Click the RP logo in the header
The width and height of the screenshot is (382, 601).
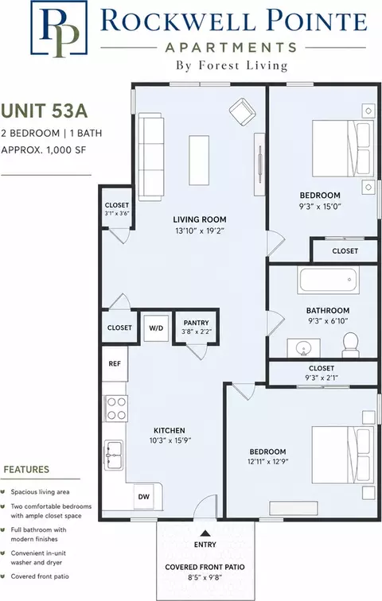pos(59,28)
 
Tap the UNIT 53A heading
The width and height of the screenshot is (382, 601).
pos(44,111)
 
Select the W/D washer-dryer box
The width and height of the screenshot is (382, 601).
pos(156,328)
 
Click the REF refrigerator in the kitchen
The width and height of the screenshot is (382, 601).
pos(115,363)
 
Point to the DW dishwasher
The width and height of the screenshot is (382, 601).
pos(144,497)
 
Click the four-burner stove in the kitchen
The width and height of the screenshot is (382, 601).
pos(116,409)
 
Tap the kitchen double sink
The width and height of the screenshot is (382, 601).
pos(114,455)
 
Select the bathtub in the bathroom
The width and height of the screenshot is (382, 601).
pos(328,280)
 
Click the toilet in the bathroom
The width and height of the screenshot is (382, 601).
pos(350,345)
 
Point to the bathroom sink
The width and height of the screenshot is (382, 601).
pos(304,348)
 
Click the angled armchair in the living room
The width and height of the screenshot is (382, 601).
pos(243,111)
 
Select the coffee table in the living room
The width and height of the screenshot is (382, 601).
pos(199,160)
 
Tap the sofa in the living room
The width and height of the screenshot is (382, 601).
pos(150,157)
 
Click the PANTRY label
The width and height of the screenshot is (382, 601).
pos(196,323)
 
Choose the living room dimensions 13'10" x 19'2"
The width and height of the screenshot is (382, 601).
pos(200,231)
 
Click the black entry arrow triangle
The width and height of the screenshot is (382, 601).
pos(205,533)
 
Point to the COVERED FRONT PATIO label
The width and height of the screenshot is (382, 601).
pos(205,567)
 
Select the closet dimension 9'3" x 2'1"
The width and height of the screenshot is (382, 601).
pos(322,378)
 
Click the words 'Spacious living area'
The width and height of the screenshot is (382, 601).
pos(41,492)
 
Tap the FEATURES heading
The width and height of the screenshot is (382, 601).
pos(26,470)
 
